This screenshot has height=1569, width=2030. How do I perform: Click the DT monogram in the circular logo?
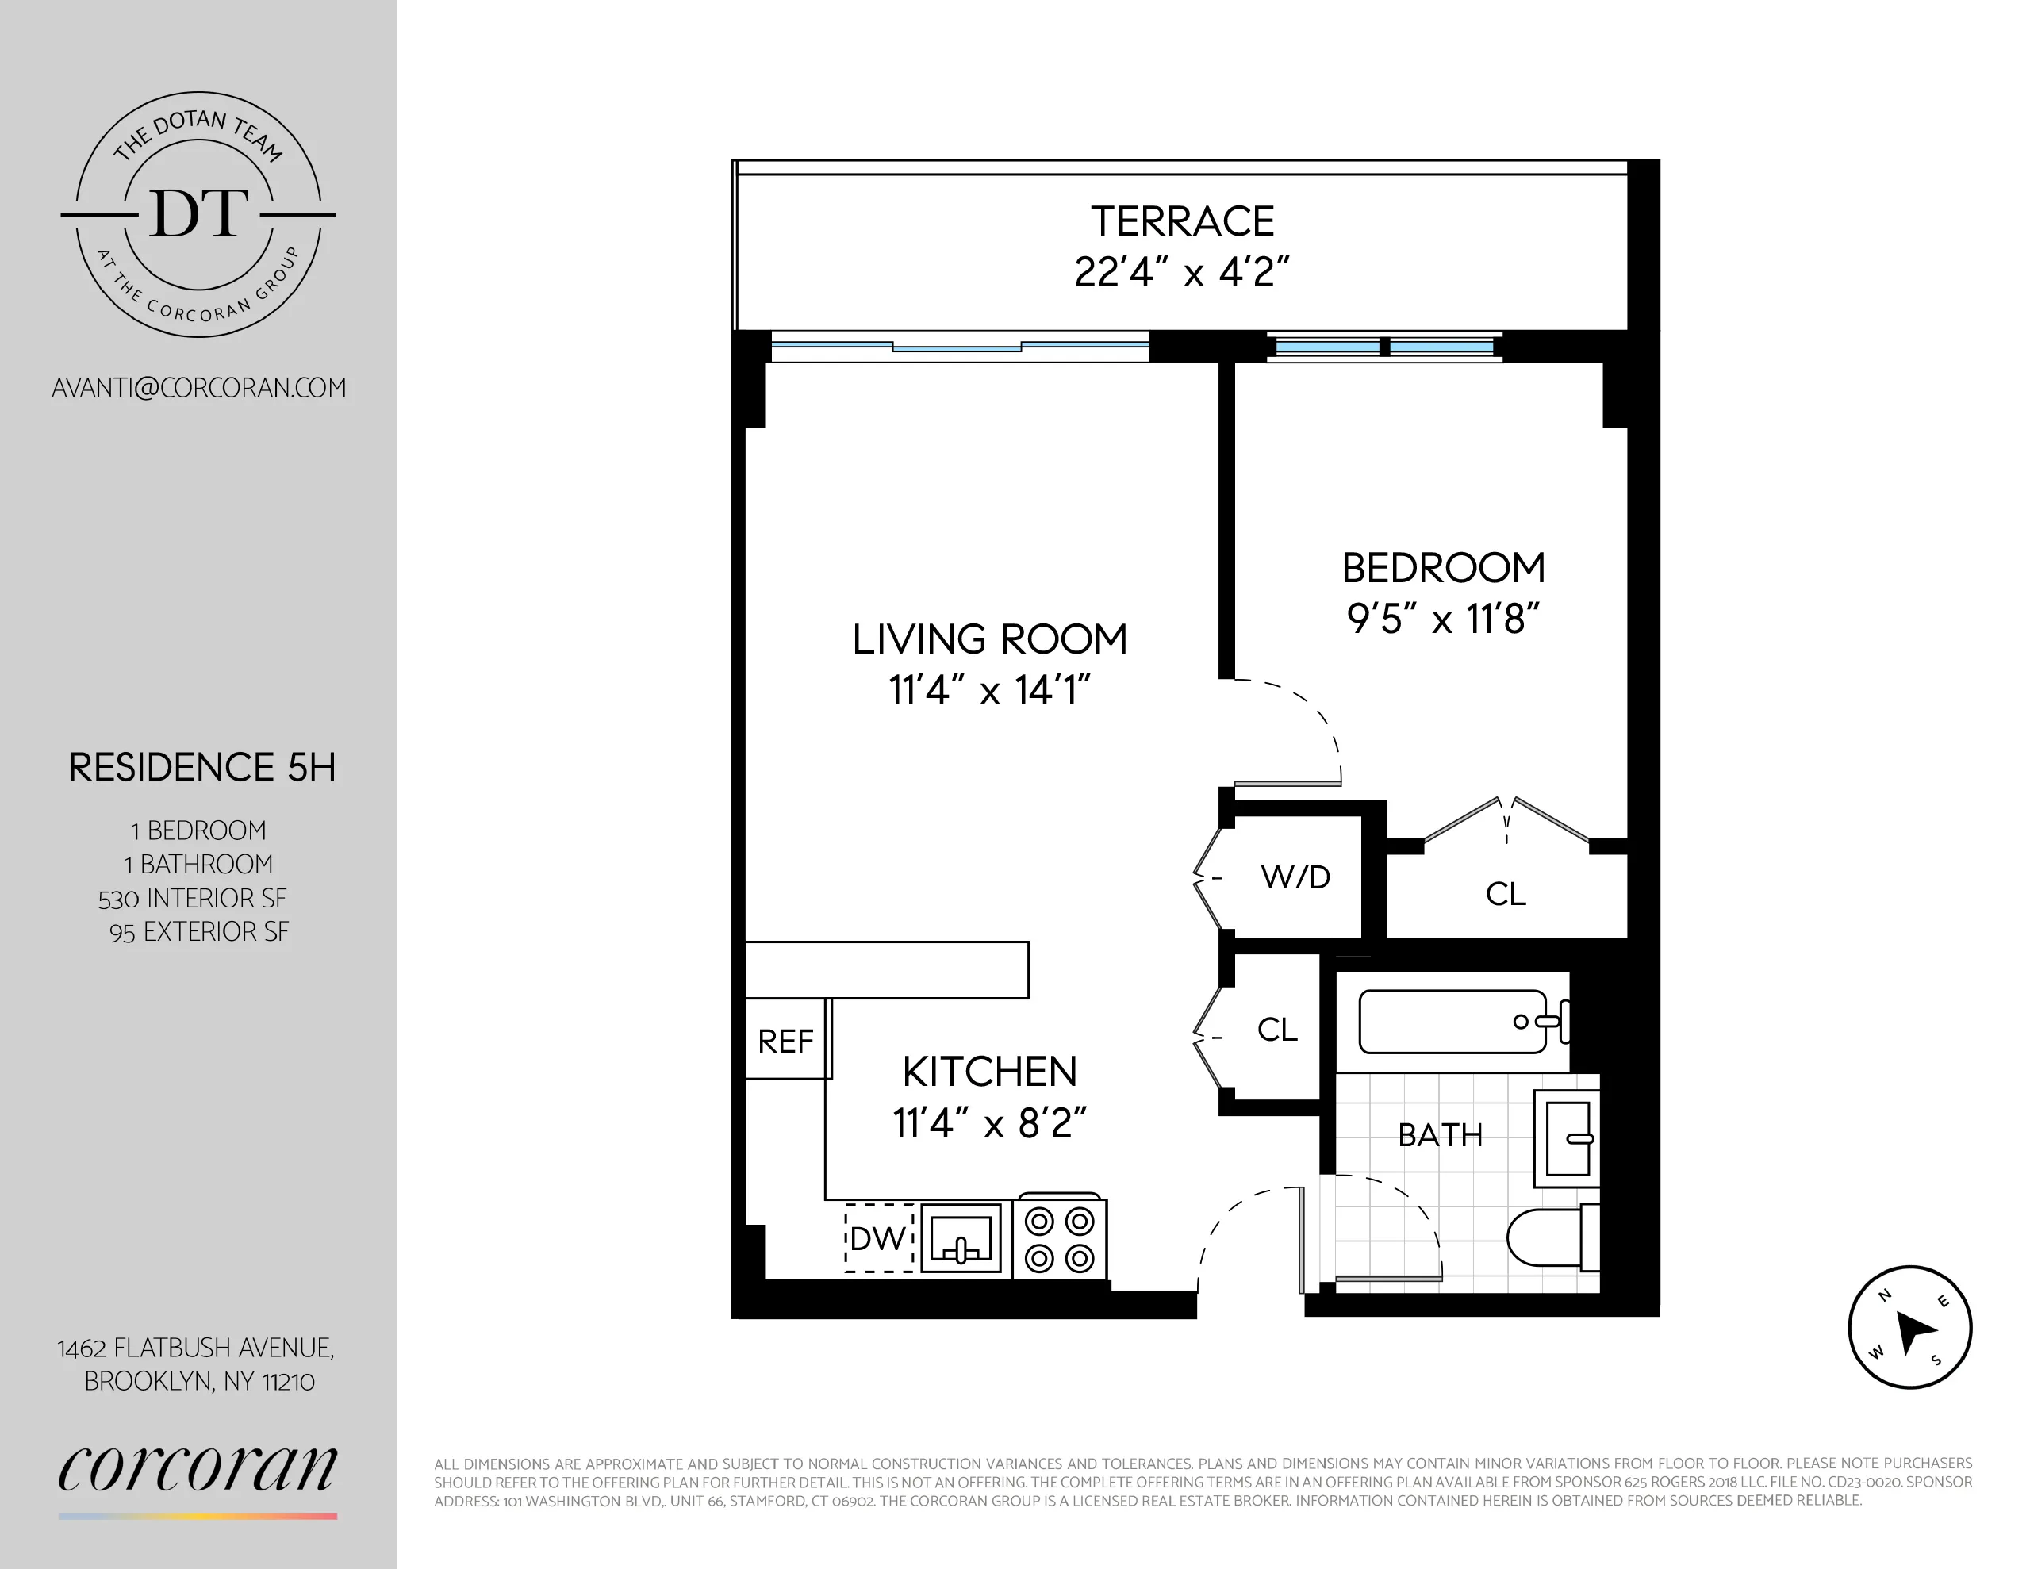point(198,214)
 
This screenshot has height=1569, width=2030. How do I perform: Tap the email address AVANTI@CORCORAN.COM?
point(199,389)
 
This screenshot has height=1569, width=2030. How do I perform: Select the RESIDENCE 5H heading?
point(201,768)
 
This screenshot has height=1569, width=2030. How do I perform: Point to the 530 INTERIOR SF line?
point(193,899)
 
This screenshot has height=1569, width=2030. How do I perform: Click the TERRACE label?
point(1181,221)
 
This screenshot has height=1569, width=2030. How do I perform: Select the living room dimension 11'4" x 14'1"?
point(989,691)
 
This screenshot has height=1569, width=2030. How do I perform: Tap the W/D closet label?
point(1295,877)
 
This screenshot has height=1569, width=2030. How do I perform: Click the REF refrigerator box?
point(786,1041)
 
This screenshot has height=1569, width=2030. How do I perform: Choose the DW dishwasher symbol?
point(878,1238)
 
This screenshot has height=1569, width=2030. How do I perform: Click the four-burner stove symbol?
point(1059,1239)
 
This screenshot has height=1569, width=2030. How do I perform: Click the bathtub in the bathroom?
point(1452,1022)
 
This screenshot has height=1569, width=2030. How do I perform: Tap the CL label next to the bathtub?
point(1276,1030)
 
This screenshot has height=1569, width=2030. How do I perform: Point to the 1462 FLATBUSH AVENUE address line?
point(196,1348)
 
